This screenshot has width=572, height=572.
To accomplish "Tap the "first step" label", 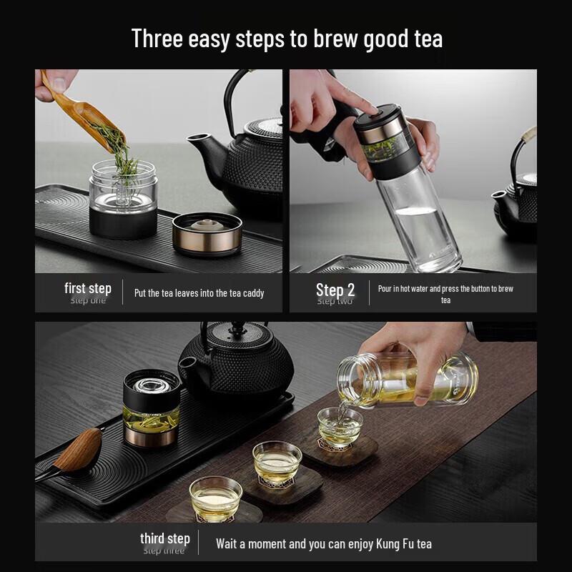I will point(88,288).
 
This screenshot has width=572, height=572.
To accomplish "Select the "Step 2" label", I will point(335,290).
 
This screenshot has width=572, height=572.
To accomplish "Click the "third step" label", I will point(164,538).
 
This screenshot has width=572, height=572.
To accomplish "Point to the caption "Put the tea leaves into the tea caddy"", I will point(199,293).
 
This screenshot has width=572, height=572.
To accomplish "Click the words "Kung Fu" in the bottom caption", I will point(392,544).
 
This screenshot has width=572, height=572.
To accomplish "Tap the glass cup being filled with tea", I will point(340,427).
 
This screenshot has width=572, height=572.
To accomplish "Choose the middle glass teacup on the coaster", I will point(277,460).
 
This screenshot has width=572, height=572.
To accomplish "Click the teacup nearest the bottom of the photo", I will point(215,498).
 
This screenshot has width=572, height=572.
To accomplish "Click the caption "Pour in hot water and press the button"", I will point(445,289).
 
